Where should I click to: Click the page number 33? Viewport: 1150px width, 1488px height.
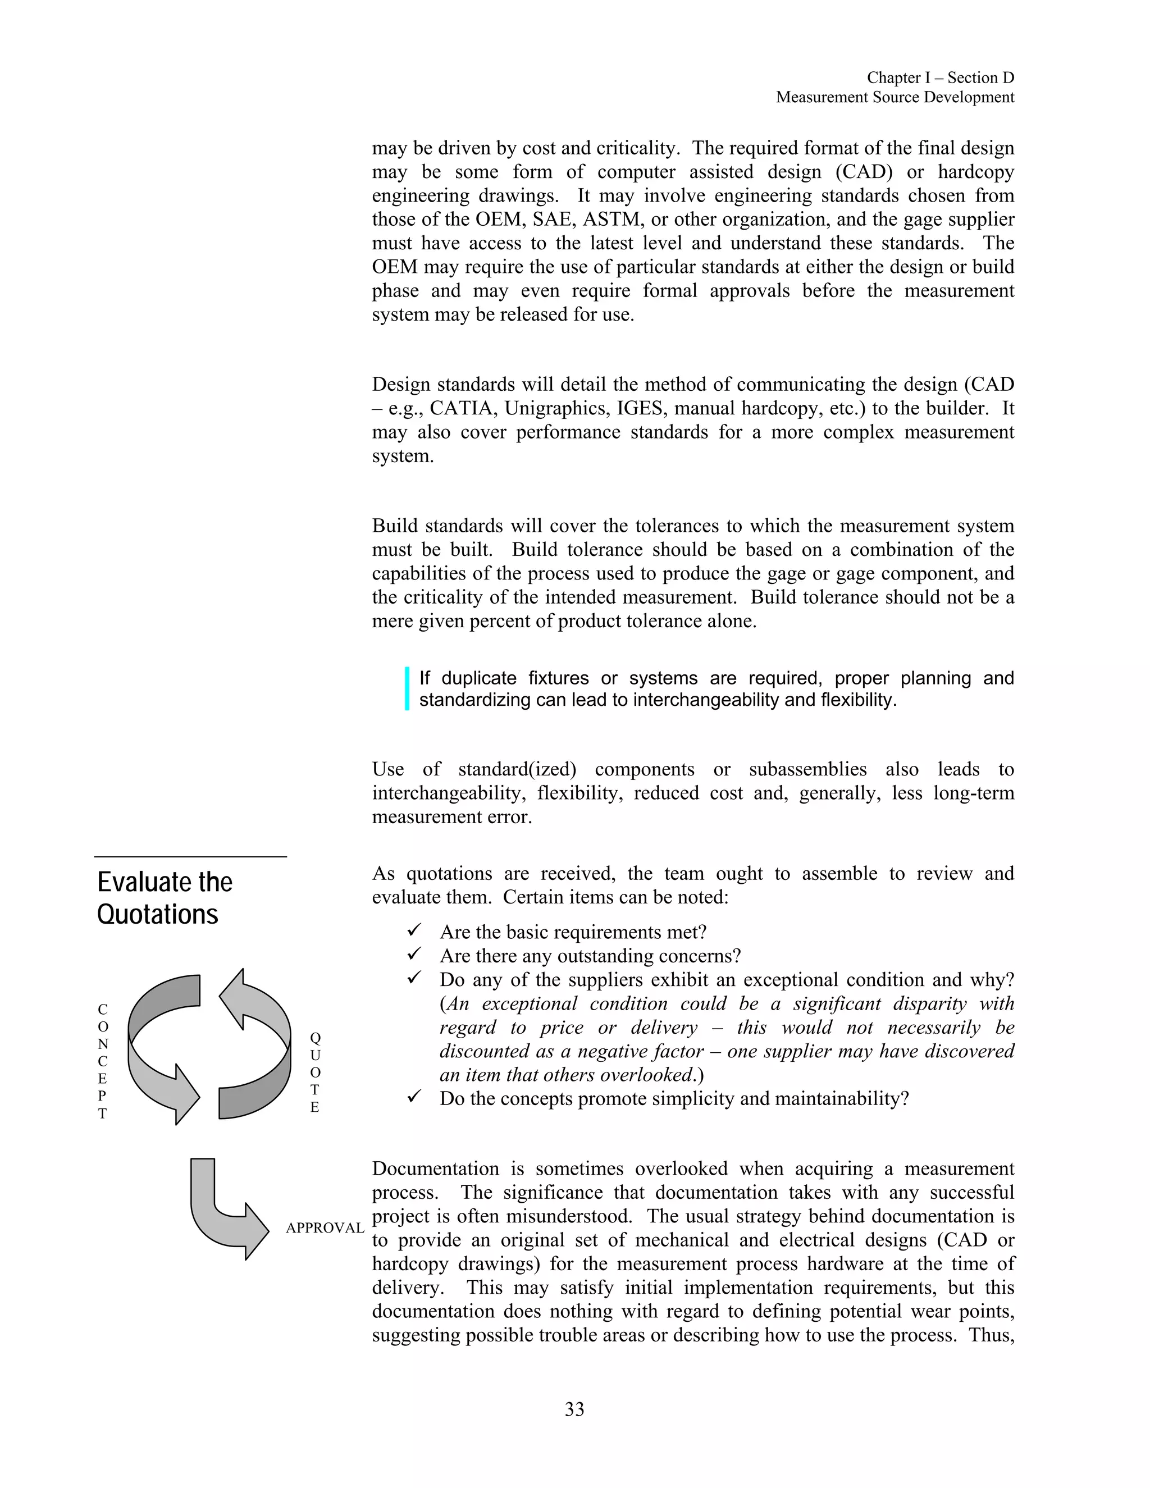click(x=574, y=1409)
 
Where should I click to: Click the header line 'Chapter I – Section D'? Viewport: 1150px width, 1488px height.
click(x=940, y=77)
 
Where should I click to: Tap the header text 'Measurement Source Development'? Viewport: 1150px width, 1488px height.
click(x=895, y=98)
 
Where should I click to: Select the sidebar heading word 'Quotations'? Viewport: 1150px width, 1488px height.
click(x=157, y=914)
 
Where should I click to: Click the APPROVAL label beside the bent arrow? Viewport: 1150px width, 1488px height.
click(x=325, y=1227)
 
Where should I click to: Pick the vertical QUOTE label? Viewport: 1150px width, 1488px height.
click(x=315, y=1072)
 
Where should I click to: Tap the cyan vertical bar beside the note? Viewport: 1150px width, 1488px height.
click(x=407, y=689)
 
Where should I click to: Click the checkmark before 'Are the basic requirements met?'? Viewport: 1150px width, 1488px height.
click(x=414, y=930)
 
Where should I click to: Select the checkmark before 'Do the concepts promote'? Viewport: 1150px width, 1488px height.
click(x=414, y=1097)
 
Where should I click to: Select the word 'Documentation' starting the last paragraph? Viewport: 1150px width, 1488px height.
click(x=435, y=1169)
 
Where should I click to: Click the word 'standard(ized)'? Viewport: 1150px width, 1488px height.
click(x=517, y=770)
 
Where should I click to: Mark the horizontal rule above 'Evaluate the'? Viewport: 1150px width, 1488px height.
click(x=190, y=857)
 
